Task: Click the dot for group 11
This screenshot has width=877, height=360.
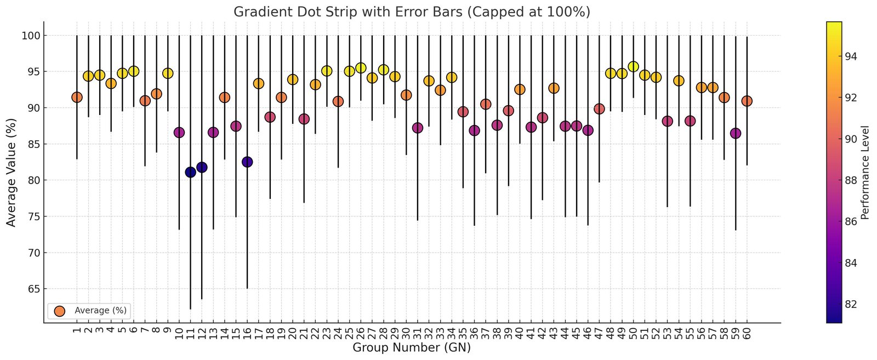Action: click(x=190, y=172)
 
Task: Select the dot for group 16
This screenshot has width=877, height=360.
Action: click(x=247, y=162)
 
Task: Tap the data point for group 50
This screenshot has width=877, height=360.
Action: click(x=633, y=67)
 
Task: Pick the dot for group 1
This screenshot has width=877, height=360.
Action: click(x=77, y=97)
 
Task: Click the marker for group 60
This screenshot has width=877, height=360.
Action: click(x=747, y=101)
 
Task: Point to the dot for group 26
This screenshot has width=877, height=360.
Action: click(x=361, y=68)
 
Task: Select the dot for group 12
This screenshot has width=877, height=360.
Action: click(x=202, y=167)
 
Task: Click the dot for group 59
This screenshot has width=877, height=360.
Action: click(x=736, y=133)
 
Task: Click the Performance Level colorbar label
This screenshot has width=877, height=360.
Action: click(x=865, y=172)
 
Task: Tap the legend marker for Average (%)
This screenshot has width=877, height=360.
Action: click(x=60, y=311)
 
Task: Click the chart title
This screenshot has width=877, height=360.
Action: click(x=412, y=12)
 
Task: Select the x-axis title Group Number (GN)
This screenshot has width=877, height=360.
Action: click(x=412, y=347)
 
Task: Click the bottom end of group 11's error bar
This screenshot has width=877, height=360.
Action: click(x=190, y=309)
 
